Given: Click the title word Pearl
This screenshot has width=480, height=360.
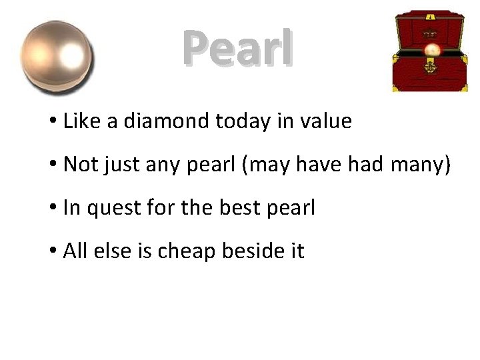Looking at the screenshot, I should pyautogui.click(x=238, y=49).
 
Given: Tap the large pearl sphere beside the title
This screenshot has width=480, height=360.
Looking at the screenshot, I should pyautogui.click(x=57, y=57).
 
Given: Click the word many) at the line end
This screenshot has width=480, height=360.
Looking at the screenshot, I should pyautogui.click(x=421, y=165).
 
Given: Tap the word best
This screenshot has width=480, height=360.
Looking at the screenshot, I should pyautogui.click(x=236, y=208).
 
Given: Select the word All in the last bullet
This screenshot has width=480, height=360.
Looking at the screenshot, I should pyautogui.click(x=75, y=251).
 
